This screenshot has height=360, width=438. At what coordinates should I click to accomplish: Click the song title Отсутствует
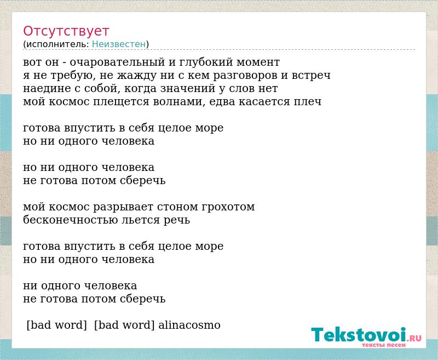66,31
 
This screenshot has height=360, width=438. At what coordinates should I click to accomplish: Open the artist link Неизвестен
119,44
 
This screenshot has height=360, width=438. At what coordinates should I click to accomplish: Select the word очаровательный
117,62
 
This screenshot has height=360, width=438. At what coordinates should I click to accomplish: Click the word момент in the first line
258,62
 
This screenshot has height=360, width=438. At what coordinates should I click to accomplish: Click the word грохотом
228,207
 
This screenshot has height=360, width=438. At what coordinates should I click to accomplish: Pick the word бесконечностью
71,220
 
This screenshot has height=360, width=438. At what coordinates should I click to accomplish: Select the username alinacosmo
189,325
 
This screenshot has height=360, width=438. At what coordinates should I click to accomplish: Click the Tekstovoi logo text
359,335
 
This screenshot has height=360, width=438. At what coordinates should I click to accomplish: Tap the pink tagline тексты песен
384,345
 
